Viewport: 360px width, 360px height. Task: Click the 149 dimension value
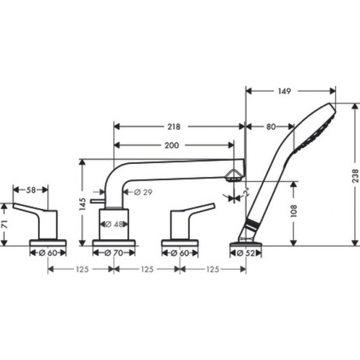[284, 92]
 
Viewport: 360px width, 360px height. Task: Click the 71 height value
[5, 225]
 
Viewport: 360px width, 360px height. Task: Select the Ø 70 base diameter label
[113, 253]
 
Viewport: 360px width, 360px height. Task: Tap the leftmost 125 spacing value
[81, 269]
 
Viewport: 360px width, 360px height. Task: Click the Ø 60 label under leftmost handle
[47, 253]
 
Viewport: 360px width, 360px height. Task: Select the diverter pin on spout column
[96, 202]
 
